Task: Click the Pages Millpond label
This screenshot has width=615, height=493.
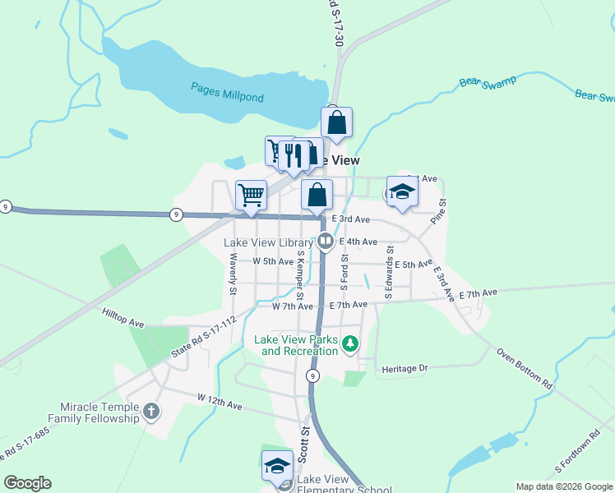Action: tap(227, 91)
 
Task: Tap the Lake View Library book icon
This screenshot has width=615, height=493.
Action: tap(326, 242)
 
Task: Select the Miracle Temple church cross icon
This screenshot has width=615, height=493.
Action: tap(150, 411)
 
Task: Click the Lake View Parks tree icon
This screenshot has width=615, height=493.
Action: tap(350, 343)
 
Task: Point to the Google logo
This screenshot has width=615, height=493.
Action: tap(27, 483)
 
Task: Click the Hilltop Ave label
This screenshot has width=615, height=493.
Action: tap(123, 319)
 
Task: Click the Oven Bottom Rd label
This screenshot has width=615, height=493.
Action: tap(525, 367)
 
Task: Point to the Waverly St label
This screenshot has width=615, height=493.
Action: tap(233, 274)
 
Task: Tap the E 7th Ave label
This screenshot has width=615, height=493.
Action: tap(479, 293)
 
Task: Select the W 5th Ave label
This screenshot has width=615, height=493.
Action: tap(273, 261)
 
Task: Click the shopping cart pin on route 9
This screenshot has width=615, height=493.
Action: tap(251, 196)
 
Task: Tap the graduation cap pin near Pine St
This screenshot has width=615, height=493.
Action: tap(402, 191)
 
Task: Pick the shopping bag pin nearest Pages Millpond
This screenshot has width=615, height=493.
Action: tap(336, 122)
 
